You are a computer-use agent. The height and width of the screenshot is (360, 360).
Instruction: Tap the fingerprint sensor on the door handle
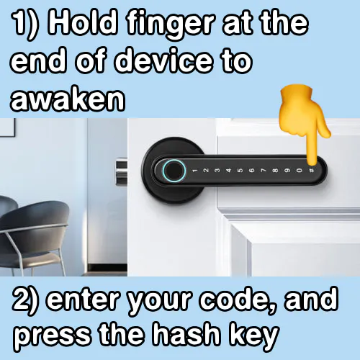(x=174, y=171)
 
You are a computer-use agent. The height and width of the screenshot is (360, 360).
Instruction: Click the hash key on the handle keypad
(x=311, y=171)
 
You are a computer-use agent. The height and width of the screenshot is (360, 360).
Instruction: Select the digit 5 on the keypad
(x=240, y=171)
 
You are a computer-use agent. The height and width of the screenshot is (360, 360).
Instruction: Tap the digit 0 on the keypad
(x=299, y=171)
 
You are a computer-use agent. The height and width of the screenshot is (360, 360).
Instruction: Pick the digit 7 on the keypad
(x=264, y=171)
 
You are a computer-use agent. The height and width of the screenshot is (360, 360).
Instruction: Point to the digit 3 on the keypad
(x=217, y=171)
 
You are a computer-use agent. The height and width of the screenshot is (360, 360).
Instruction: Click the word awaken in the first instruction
(x=68, y=99)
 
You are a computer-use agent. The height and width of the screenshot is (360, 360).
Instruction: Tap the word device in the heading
(x=163, y=60)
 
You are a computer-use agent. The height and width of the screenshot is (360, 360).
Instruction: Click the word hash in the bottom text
(x=186, y=333)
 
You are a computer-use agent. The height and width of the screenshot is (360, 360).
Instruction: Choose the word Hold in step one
(x=84, y=23)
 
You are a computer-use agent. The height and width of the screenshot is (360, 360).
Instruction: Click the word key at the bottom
(x=254, y=336)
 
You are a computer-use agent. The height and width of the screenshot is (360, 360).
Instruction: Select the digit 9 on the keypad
(x=287, y=171)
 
